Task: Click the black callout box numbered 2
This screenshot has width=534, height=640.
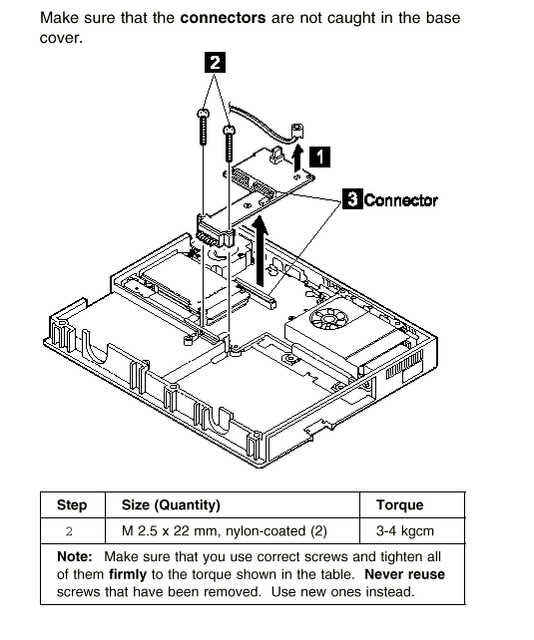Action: coord(215,62)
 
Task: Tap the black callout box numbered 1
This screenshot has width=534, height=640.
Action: coord(320,157)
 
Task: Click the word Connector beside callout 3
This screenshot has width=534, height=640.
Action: coord(401,200)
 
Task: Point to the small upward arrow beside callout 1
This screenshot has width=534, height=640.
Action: coord(298,158)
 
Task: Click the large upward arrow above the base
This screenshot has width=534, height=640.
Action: coord(260,251)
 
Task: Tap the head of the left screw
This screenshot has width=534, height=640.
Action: coord(203,113)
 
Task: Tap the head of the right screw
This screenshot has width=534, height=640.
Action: coord(230,130)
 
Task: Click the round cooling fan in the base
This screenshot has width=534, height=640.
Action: coord(328,318)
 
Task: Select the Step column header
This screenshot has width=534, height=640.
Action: coord(72,504)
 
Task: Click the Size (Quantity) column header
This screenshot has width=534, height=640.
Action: coord(171,505)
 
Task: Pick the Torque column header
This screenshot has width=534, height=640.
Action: coord(399,504)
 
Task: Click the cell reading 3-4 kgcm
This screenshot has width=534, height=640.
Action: coord(405,531)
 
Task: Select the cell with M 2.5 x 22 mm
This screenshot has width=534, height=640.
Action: coord(225,531)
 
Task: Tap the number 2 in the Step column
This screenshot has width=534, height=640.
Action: coord(69,531)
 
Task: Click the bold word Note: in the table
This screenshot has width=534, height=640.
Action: coord(75,556)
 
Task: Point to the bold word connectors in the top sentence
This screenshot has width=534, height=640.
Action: coord(223,18)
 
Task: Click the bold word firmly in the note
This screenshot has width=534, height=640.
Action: coord(128,574)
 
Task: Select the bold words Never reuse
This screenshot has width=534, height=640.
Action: coord(404,574)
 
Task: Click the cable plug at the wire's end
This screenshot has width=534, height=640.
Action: coord(297,131)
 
